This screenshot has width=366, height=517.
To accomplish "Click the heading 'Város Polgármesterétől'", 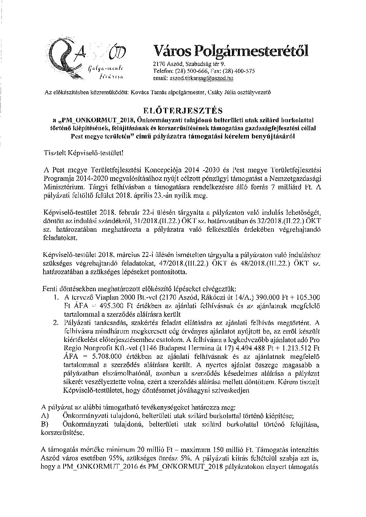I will coord(231,51).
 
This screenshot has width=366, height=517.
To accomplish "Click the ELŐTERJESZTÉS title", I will coord(183,111).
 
